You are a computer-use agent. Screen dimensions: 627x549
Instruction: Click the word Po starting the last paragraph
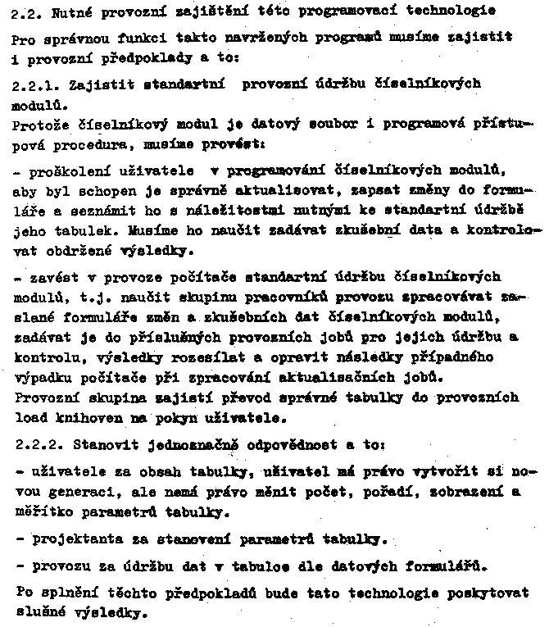pos(22,591)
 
